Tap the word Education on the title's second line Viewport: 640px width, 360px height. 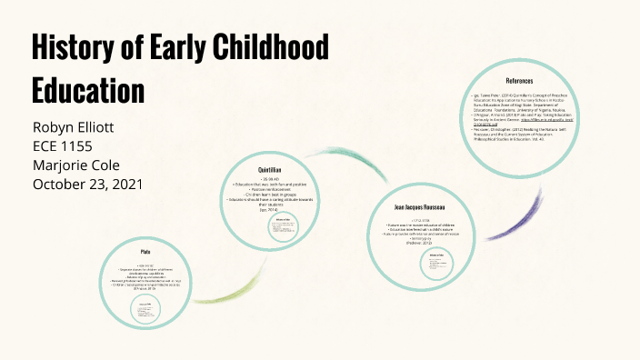88,90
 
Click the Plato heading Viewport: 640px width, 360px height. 145,251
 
